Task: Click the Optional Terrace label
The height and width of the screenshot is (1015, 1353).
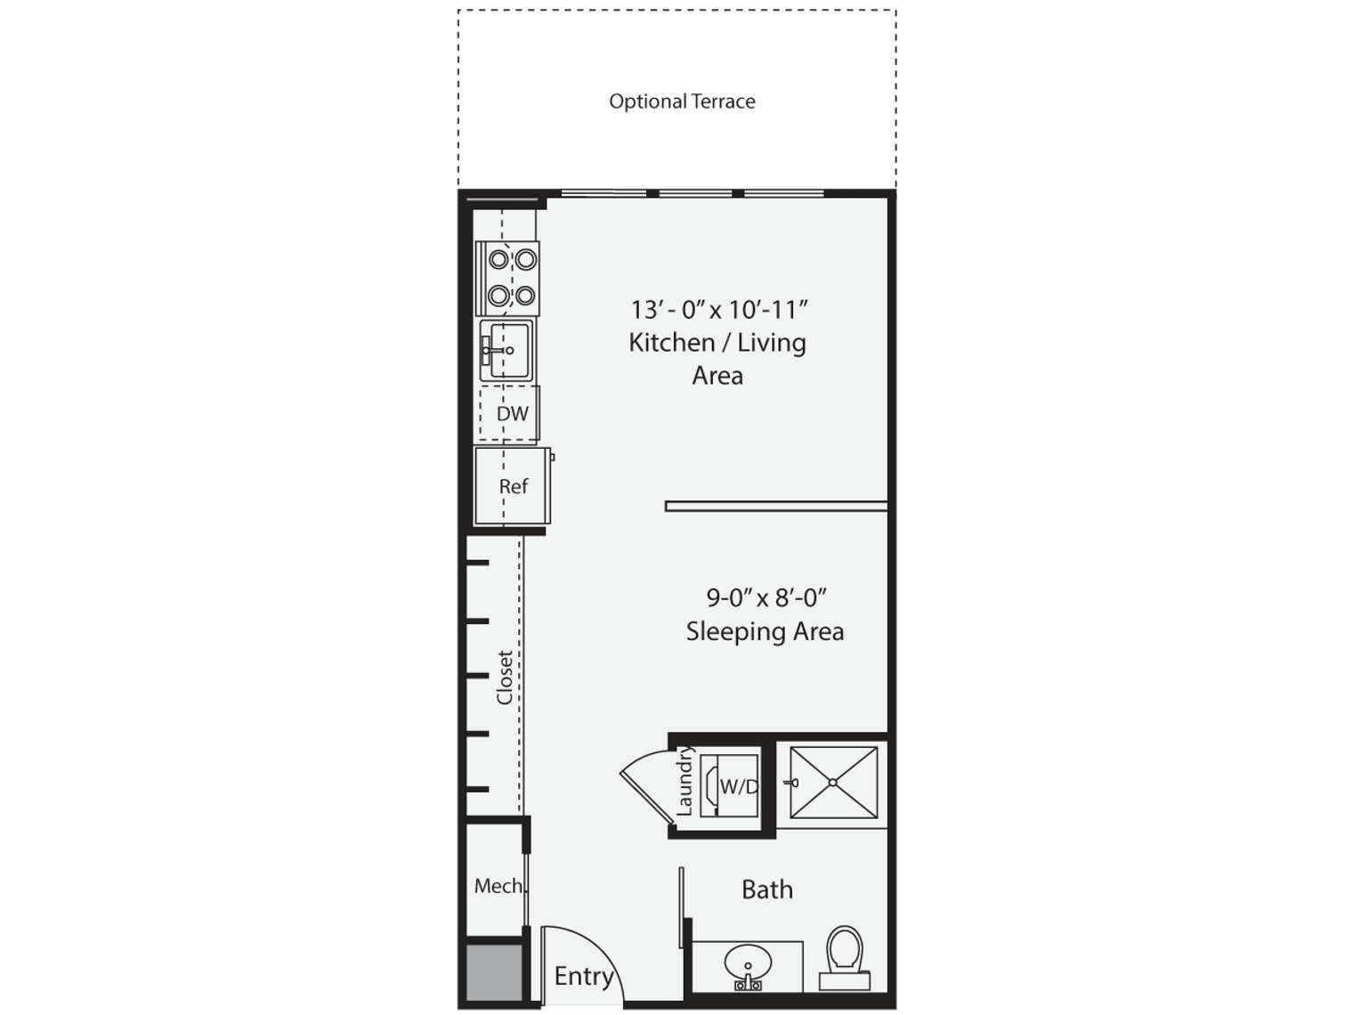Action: tap(682, 101)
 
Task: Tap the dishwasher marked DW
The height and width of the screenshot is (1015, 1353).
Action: tap(512, 413)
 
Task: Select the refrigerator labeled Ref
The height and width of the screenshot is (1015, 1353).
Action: tap(513, 486)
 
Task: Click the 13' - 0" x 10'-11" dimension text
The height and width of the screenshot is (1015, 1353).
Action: tap(718, 310)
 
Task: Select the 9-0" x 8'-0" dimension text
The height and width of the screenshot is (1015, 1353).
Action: tap(760, 597)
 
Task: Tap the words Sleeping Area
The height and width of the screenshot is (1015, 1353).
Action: tap(765, 632)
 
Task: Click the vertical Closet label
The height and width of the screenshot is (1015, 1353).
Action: tap(505, 678)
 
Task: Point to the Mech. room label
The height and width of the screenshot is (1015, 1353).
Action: tap(498, 886)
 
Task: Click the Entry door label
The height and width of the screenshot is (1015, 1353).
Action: tap(584, 977)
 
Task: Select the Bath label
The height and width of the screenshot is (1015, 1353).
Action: tap(767, 889)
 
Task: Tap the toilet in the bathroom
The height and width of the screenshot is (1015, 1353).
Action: tap(844, 954)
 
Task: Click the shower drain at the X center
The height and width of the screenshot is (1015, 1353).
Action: tap(833, 783)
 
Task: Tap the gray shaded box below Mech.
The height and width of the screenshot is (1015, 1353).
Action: tap(494, 972)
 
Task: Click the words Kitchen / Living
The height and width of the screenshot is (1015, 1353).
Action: tap(717, 343)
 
